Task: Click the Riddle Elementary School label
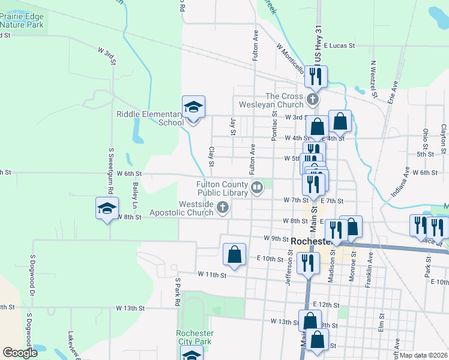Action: click(x=150, y=118)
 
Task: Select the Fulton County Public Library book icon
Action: click(x=257, y=188)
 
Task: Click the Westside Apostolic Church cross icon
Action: click(x=223, y=208)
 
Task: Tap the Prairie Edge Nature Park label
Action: click(x=22, y=21)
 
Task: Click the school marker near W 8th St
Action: click(x=107, y=209)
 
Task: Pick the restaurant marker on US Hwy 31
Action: click(x=315, y=76)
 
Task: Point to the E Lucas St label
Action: click(x=340, y=46)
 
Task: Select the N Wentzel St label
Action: click(x=373, y=79)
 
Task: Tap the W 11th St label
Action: click(x=212, y=275)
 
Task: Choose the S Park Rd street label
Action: click(x=178, y=292)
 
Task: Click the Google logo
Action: click(x=20, y=353)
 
